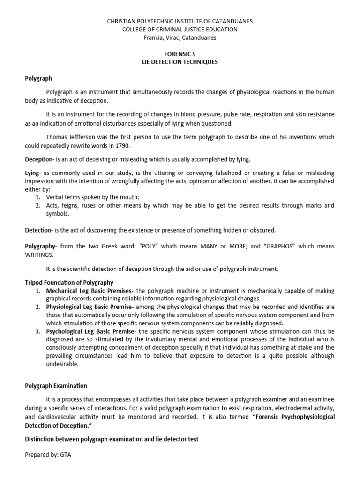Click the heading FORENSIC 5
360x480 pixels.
pyautogui.click(x=180, y=54)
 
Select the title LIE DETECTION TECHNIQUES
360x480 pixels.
pyautogui.click(x=180, y=62)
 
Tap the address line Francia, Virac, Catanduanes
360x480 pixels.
pyautogui.click(x=180, y=37)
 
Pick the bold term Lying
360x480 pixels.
pyautogui.click(x=32, y=173)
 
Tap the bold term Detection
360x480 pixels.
pyautogui.click(x=38, y=230)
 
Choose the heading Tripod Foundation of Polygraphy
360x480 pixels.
pyautogui.click(x=69, y=282)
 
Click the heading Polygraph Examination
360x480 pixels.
pyautogui.click(x=56, y=386)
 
